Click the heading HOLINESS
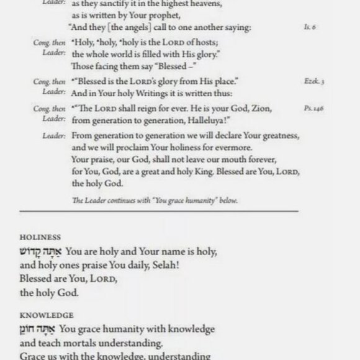tap(40, 236)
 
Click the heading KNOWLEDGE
tap(47, 315)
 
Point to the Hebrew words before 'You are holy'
tap(40, 253)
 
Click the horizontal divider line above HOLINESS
tap(180, 212)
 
